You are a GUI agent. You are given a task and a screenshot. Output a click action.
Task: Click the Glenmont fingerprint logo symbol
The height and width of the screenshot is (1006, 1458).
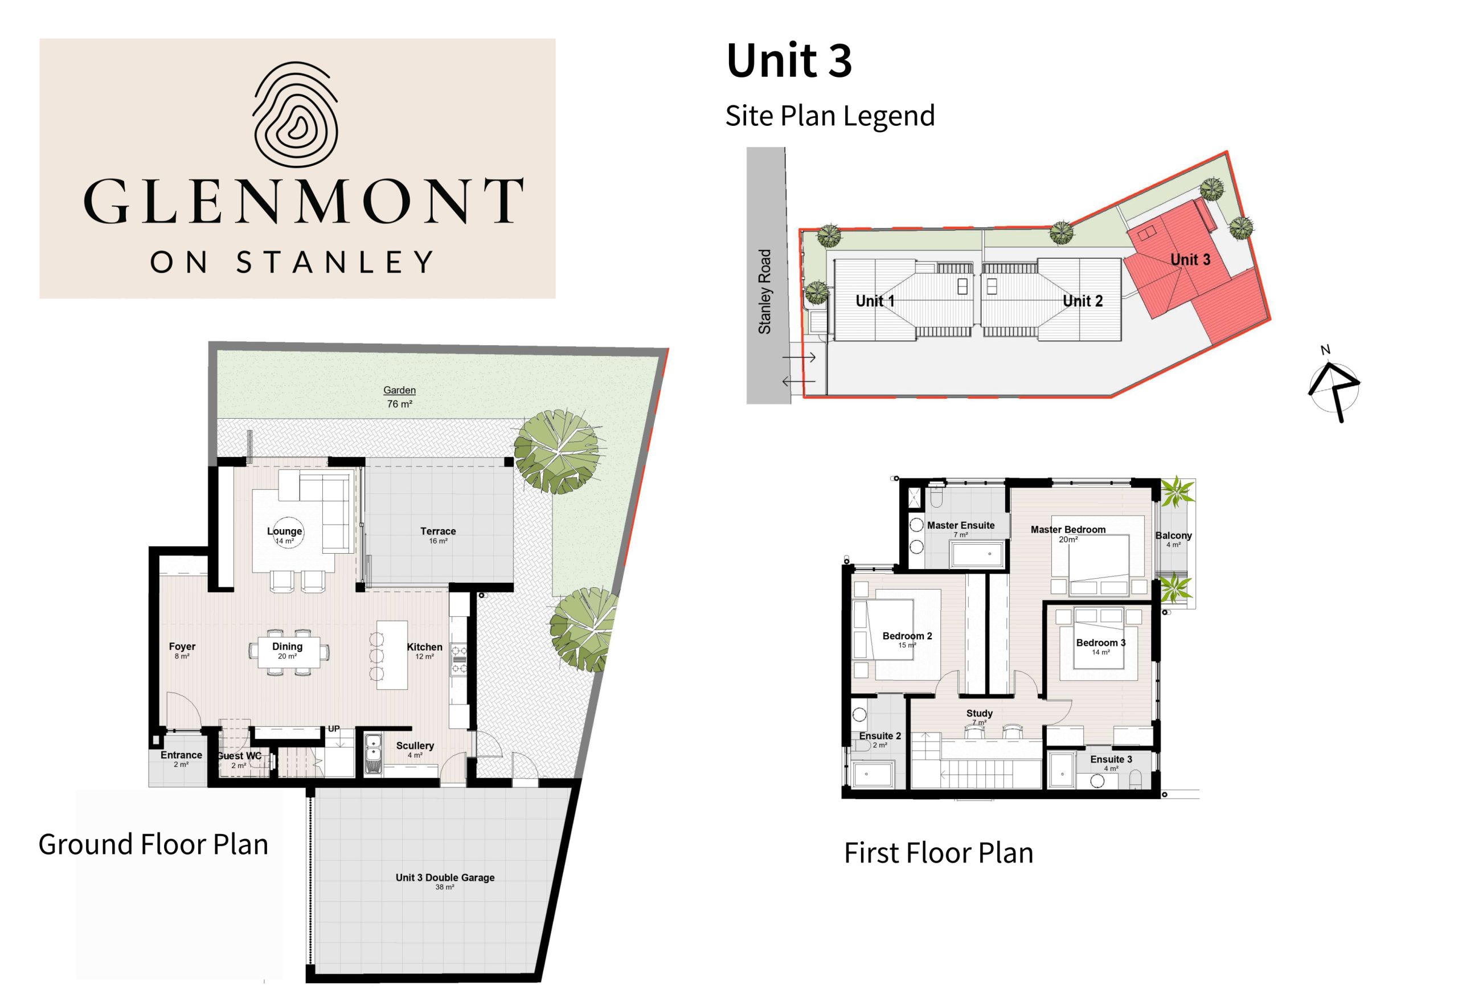point(296,113)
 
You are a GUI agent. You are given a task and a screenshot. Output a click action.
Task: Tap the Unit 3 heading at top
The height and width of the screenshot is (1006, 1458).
point(789,60)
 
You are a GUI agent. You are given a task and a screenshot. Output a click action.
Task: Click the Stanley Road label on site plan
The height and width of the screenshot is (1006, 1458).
point(764,292)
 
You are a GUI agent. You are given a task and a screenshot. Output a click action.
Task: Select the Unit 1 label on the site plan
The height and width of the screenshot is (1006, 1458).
point(875,301)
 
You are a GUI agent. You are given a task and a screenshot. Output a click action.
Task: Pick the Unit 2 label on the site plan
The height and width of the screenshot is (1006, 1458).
point(1083,301)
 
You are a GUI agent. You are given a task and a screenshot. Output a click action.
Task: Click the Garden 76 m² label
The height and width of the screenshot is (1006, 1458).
point(399,397)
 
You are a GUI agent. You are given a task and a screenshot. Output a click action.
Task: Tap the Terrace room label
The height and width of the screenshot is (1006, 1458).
point(438,535)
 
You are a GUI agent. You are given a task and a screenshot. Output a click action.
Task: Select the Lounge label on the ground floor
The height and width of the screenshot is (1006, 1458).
point(285,535)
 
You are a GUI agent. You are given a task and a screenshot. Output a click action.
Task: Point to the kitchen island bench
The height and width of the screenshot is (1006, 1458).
point(392,655)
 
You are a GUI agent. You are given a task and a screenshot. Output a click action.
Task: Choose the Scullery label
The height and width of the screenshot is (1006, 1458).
point(415,750)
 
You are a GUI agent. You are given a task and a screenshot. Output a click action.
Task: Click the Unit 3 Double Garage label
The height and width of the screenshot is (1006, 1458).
point(445,881)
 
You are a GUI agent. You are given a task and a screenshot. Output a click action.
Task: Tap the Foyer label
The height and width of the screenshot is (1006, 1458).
point(182,651)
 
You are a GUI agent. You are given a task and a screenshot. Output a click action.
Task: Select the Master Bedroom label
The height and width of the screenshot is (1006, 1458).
point(1068,534)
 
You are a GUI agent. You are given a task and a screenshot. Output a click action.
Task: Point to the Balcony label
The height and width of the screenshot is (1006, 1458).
point(1173,539)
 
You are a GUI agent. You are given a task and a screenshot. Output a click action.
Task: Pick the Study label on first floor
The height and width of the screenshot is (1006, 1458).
point(979,717)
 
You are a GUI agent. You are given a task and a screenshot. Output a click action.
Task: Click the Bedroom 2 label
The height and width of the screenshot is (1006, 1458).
point(907,640)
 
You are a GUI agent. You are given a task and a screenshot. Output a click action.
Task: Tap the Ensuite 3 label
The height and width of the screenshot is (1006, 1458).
point(1111,763)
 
